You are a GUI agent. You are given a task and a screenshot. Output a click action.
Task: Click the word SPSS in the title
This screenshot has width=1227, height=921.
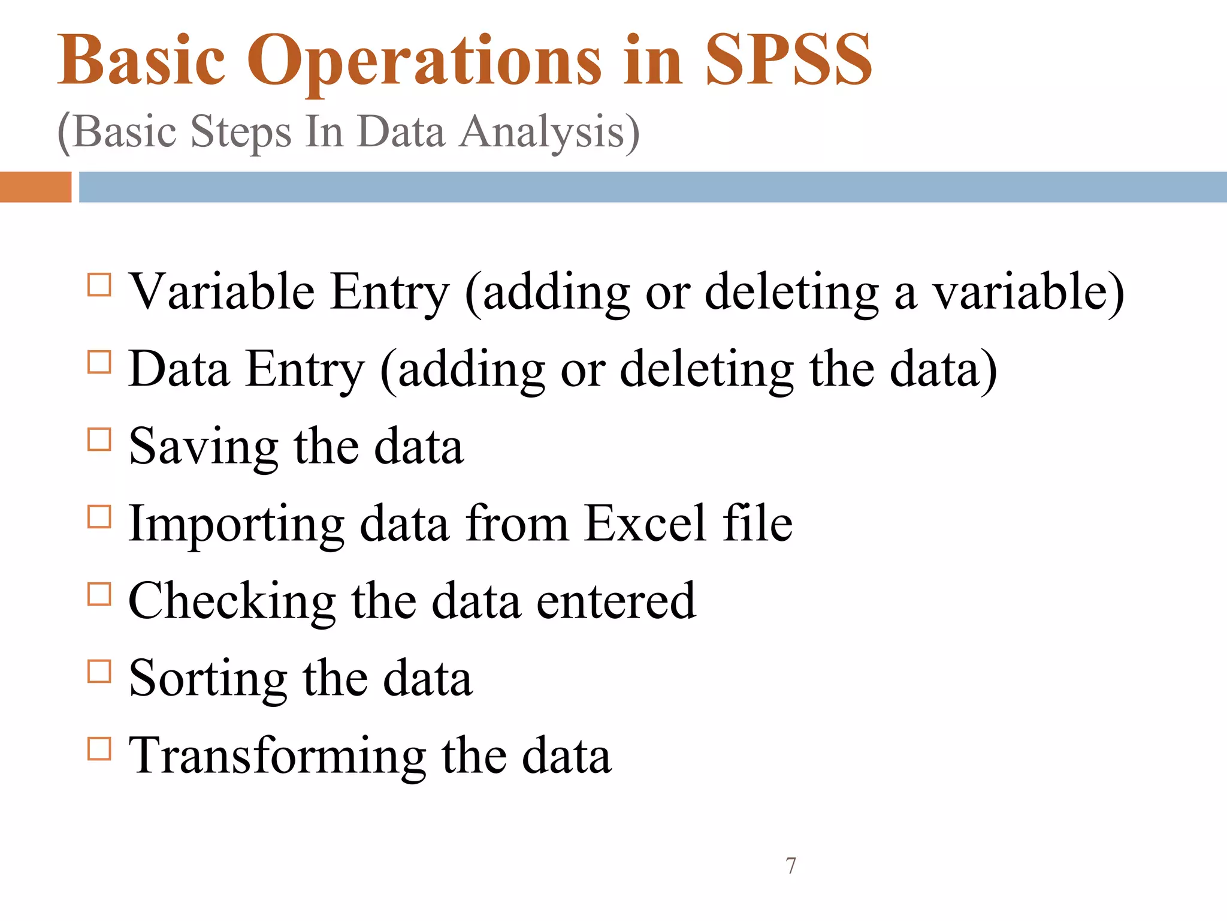[788, 60]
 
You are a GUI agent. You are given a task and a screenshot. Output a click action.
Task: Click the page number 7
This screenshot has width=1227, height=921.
[791, 866]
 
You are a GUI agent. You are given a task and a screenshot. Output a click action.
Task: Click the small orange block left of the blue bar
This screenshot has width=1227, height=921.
[35, 187]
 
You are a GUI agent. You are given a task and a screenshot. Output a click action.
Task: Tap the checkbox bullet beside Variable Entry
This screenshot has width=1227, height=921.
[99, 285]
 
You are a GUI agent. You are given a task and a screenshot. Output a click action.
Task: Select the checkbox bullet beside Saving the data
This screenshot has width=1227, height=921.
[99, 440]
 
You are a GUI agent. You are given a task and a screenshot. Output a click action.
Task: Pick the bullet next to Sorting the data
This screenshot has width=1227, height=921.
[99, 672]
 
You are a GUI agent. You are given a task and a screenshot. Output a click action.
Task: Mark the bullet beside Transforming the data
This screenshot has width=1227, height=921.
[99, 749]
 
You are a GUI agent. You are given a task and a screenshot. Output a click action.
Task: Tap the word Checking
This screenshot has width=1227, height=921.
[232, 601]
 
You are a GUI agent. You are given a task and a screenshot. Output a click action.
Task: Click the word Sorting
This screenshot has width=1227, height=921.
[208, 679]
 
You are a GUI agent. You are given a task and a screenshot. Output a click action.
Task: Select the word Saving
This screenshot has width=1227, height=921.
[204, 447]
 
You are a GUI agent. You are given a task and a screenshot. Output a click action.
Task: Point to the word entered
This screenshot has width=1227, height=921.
[616, 601]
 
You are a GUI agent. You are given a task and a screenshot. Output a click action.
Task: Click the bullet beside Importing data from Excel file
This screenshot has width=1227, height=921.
[99, 517]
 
